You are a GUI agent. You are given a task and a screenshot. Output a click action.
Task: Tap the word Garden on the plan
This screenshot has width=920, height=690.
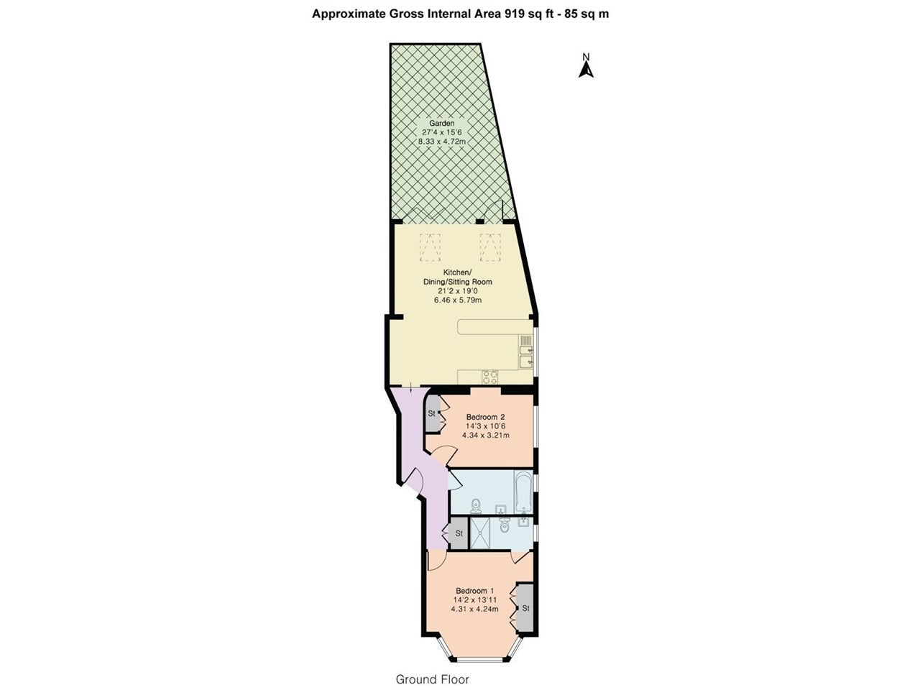(442, 123)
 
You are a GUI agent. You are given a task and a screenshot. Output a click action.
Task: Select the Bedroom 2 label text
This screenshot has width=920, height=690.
(485, 417)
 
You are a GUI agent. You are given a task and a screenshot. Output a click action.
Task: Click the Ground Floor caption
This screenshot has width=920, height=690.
(432, 679)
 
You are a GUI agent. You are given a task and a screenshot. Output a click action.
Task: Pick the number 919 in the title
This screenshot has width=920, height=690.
(515, 14)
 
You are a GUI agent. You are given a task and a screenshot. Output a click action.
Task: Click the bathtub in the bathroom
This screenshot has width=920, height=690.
(523, 492)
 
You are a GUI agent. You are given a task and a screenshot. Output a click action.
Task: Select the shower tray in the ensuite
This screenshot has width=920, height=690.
(483, 533)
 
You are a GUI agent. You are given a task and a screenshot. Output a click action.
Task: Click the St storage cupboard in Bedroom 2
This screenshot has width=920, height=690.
(432, 414)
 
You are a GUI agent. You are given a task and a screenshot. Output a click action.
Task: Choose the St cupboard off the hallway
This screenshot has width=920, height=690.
(459, 533)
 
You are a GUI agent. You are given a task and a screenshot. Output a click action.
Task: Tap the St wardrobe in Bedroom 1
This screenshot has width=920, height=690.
(525, 608)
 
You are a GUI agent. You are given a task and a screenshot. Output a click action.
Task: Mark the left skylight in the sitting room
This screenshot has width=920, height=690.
(430, 247)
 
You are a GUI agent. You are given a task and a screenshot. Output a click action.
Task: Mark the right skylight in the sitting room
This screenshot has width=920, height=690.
(490, 247)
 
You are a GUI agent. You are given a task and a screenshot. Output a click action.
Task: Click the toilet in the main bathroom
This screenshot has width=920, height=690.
(476, 506)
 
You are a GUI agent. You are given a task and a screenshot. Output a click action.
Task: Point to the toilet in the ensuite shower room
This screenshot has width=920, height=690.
(505, 525)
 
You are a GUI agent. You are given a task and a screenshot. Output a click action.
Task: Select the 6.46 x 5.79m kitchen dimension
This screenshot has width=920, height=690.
(458, 300)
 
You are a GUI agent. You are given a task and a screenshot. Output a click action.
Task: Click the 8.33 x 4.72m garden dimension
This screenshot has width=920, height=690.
(442, 141)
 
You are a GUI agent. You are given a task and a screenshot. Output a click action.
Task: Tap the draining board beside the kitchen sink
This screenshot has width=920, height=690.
(525, 340)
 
